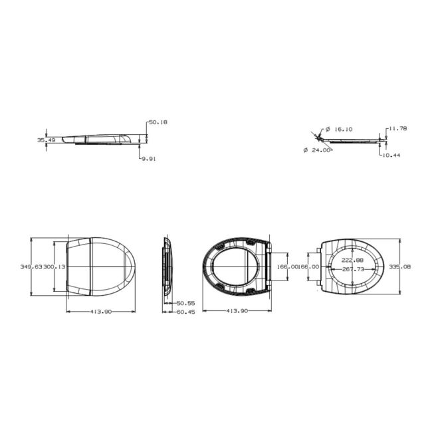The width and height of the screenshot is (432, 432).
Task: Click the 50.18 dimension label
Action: pos(158,122)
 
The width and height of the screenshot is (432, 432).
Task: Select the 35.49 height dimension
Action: pos(46,140)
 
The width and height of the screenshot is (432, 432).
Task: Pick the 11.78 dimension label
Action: pos(397,128)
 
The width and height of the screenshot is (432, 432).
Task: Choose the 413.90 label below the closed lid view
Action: pos(102,311)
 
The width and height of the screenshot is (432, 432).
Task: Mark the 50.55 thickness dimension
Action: pos(185,303)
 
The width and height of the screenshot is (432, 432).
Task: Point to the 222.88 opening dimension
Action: pos(352,260)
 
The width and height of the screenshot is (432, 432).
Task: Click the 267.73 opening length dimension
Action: pos(353,269)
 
